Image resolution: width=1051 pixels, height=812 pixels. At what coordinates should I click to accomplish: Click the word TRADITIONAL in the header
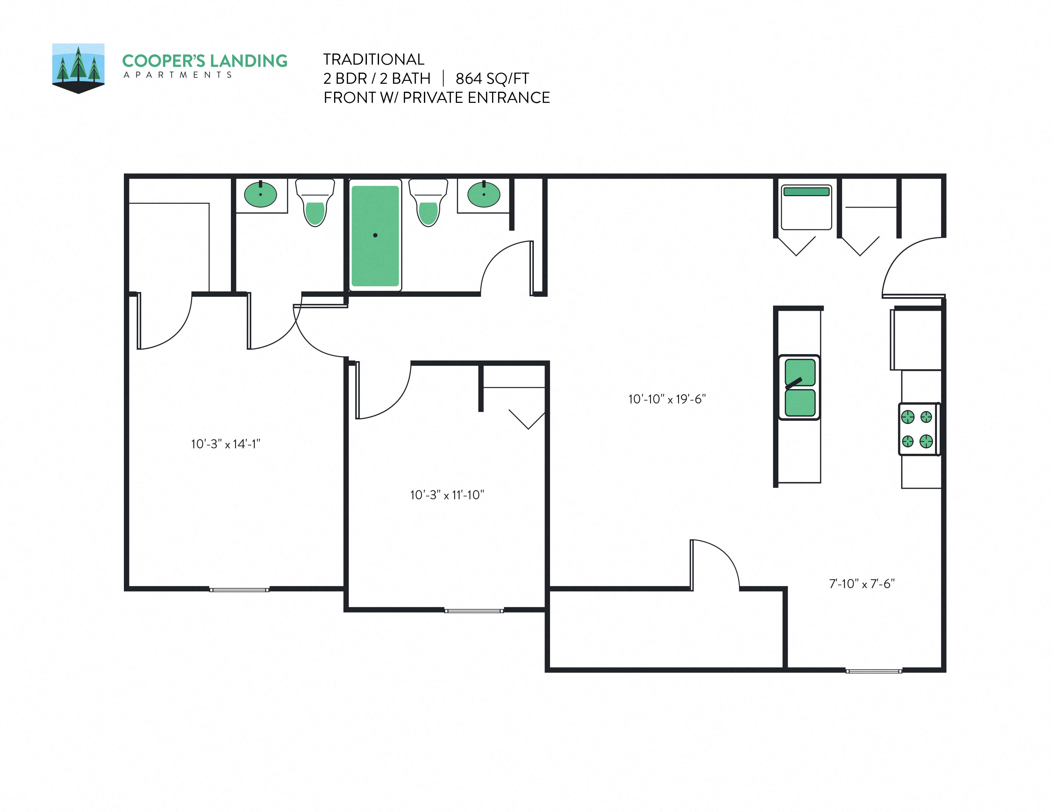pos(374,59)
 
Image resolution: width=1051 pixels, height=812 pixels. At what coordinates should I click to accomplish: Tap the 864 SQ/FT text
pos(492,78)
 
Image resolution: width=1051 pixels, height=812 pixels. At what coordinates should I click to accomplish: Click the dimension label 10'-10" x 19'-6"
pos(667,399)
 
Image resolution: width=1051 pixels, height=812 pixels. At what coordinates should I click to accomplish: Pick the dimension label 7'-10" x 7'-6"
pos(862,583)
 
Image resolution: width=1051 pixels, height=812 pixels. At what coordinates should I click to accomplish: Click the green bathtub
pos(375,236)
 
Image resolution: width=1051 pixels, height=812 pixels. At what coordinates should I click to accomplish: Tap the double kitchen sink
pos(799,387)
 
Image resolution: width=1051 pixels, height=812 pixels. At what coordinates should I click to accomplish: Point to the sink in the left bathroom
pos(260,194)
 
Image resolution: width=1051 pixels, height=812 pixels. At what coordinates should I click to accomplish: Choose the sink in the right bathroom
pos(484,194)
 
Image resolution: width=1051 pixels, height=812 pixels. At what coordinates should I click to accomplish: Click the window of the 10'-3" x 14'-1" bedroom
pos(239,589)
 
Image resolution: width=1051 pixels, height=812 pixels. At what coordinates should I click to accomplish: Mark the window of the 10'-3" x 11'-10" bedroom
pos(474,610)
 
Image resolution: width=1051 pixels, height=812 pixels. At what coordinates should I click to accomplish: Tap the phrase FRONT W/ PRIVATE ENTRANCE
pos(436,98)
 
